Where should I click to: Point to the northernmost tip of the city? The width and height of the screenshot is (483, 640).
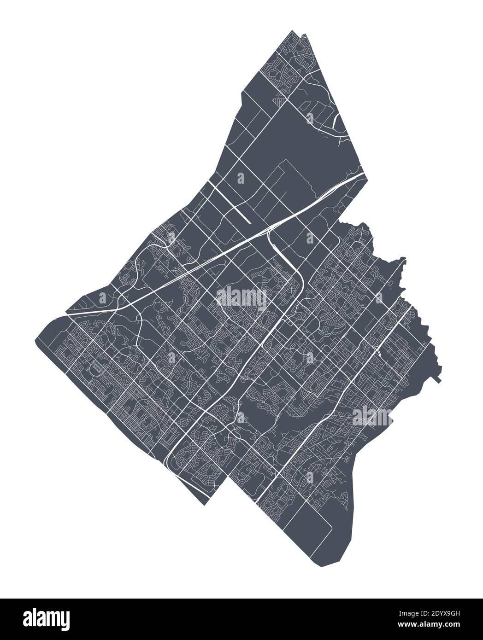point(293,31)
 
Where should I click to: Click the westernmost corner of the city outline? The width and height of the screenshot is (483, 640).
point(35,342)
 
